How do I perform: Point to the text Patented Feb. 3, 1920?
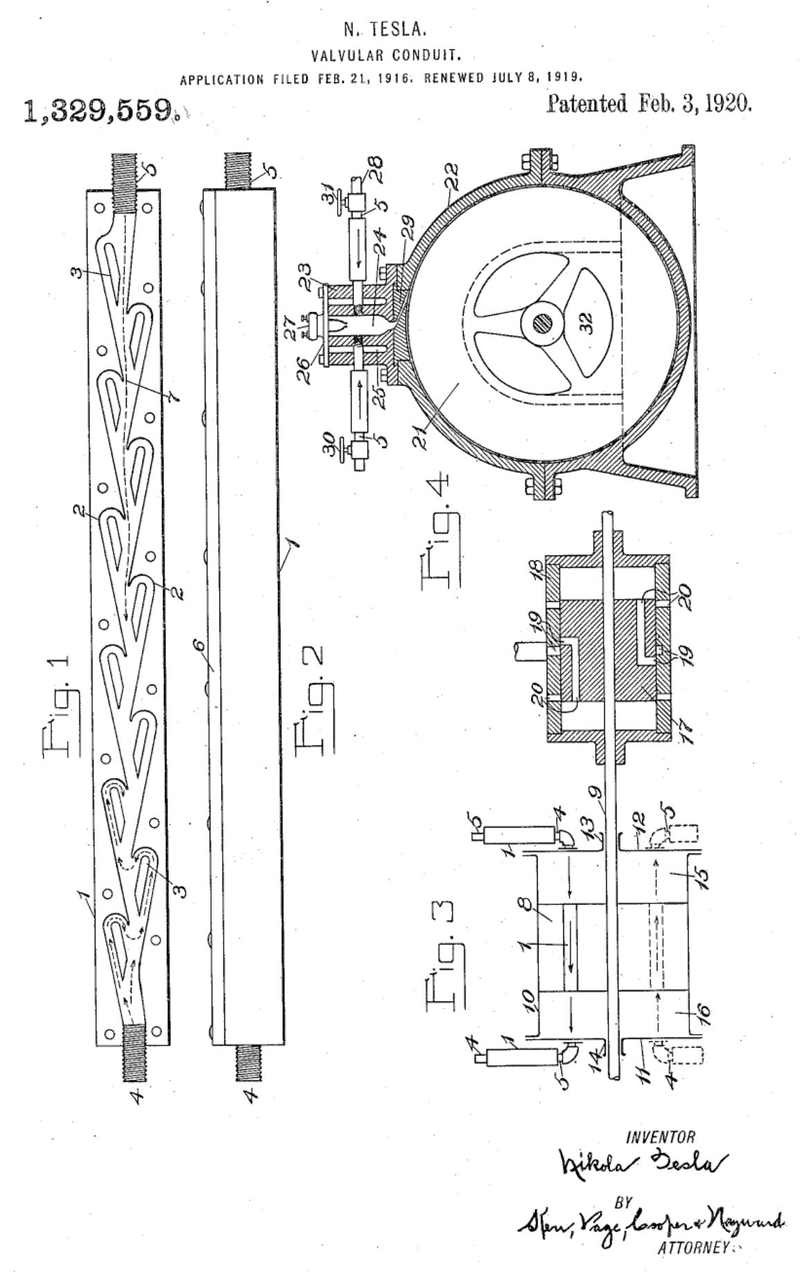(x=648, y=104)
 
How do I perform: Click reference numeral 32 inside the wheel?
(x=586, y=324)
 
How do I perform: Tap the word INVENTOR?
(x=660, y=1137)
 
